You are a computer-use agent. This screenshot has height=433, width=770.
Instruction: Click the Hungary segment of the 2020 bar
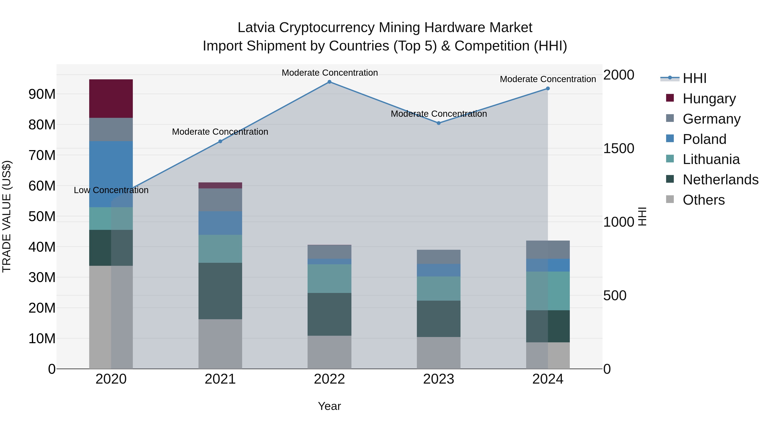click(x=111, y=98)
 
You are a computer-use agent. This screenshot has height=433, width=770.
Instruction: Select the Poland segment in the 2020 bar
click(x=111, y=174)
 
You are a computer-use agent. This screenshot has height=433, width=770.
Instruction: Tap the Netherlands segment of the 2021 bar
click(x=220, y=291)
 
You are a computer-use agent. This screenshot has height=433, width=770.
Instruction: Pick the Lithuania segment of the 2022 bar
click(x=329, y=278)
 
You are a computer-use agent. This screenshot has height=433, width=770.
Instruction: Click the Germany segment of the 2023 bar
click(x=438, y=257)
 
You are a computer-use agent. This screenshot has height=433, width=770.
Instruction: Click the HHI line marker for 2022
click(x=329, y=82)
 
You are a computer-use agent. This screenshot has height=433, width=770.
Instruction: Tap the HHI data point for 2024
click(x=548, y=89)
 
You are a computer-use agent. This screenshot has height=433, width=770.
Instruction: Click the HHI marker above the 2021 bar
click(x=220, y=141)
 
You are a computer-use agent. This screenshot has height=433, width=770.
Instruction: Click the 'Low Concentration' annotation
click(x=111, y=190)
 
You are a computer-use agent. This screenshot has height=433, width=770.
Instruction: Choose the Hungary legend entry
click(x=709, y=99)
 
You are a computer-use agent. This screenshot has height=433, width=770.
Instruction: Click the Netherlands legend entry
click(x=720, y=180)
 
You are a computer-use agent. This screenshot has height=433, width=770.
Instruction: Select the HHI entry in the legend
click(x=694, y=78)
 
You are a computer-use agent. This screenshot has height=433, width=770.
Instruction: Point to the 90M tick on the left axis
click(x=42, y=94)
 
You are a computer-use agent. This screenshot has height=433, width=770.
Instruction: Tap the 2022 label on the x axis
click(x=329, y=379)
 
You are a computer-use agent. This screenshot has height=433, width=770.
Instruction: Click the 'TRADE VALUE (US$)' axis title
click(x=7, y=216)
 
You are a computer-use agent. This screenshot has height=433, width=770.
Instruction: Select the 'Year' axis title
click(x=329, y=406)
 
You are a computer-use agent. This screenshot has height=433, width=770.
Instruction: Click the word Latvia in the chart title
click(x=256, y=28)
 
